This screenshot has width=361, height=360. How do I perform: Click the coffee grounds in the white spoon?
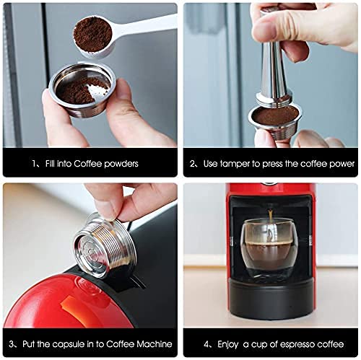tap(92, 35)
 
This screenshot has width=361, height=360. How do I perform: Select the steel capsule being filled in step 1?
tap(82, 89)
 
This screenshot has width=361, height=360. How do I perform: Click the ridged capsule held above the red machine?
tap(105, 245)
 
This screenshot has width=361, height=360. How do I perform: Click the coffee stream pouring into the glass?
tap(271, 215)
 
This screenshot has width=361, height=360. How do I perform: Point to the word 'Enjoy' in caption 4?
tap(227, 345)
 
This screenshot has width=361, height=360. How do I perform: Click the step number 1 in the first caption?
tap(34, 164)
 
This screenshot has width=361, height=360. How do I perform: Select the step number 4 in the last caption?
tap(206, 344)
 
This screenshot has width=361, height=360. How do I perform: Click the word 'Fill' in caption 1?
tap(50, 164)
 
